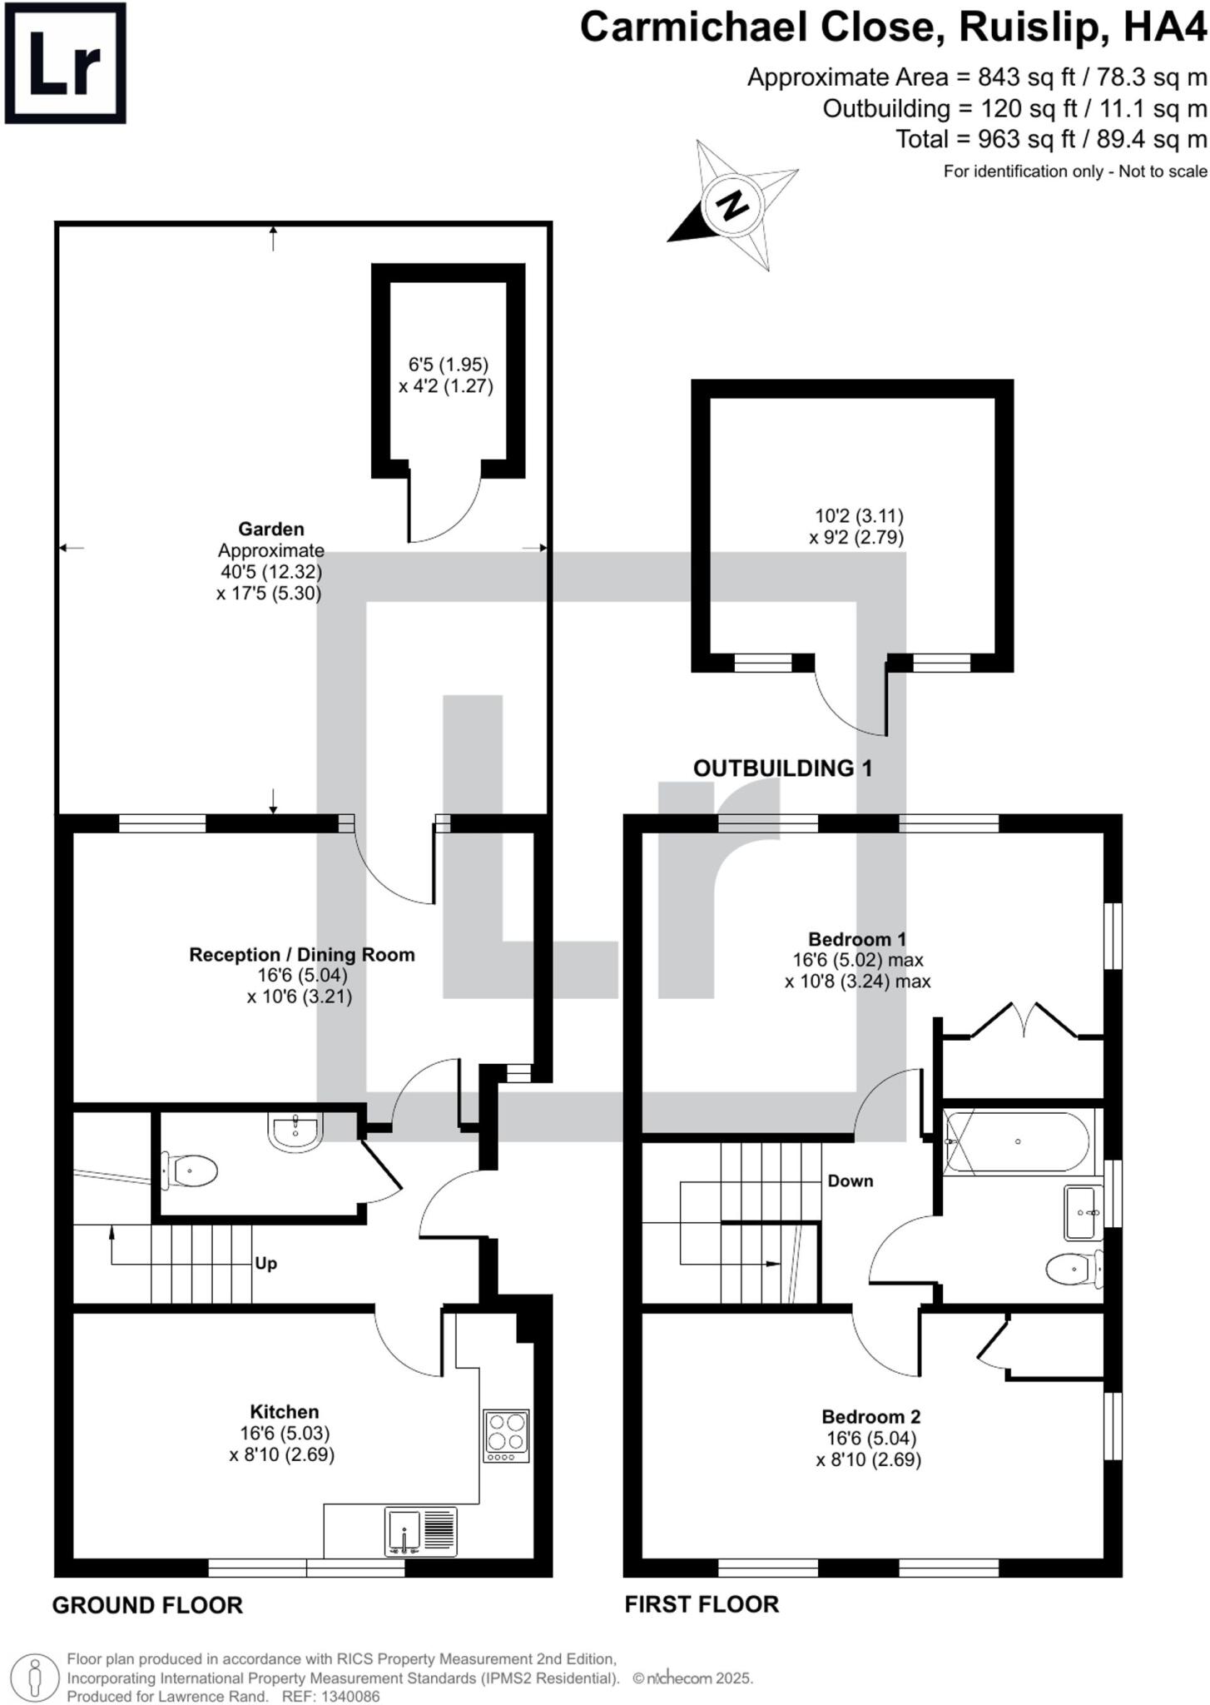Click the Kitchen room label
pyautogui.click(x=284, y=1411)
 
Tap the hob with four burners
pyautogui.click(x=506, y=1434)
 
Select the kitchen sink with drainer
pyautogui.click(x=421, y=1531)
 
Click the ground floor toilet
pyautogui.click(x=191, y=1171)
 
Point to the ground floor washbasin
pyautogui.click(x=295, y=1133)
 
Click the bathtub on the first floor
pyautogui.click(x=1016, y=1141)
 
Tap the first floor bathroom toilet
pyautogui.click(x=1074, y=1270)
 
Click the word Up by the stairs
pyautogui.click(x=265, y=1263)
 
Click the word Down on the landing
pyautogui.click(x=850, y=1181)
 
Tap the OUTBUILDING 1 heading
pyautogui.click(x=782, y=768)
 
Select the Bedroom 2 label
pyautogui.click(x=870, y=1416)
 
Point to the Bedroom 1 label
pyautogui.click(x=857, y=938)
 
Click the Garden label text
pyautogui.click(x=271, y=529)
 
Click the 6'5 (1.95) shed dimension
pyautogui.click(x=448, y=364)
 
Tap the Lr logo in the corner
pyautogui.click(x=66, y=63)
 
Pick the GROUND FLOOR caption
pyautogui.click(x=147, y=1605)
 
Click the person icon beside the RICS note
pyautogui.click(x=35, y=1678)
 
